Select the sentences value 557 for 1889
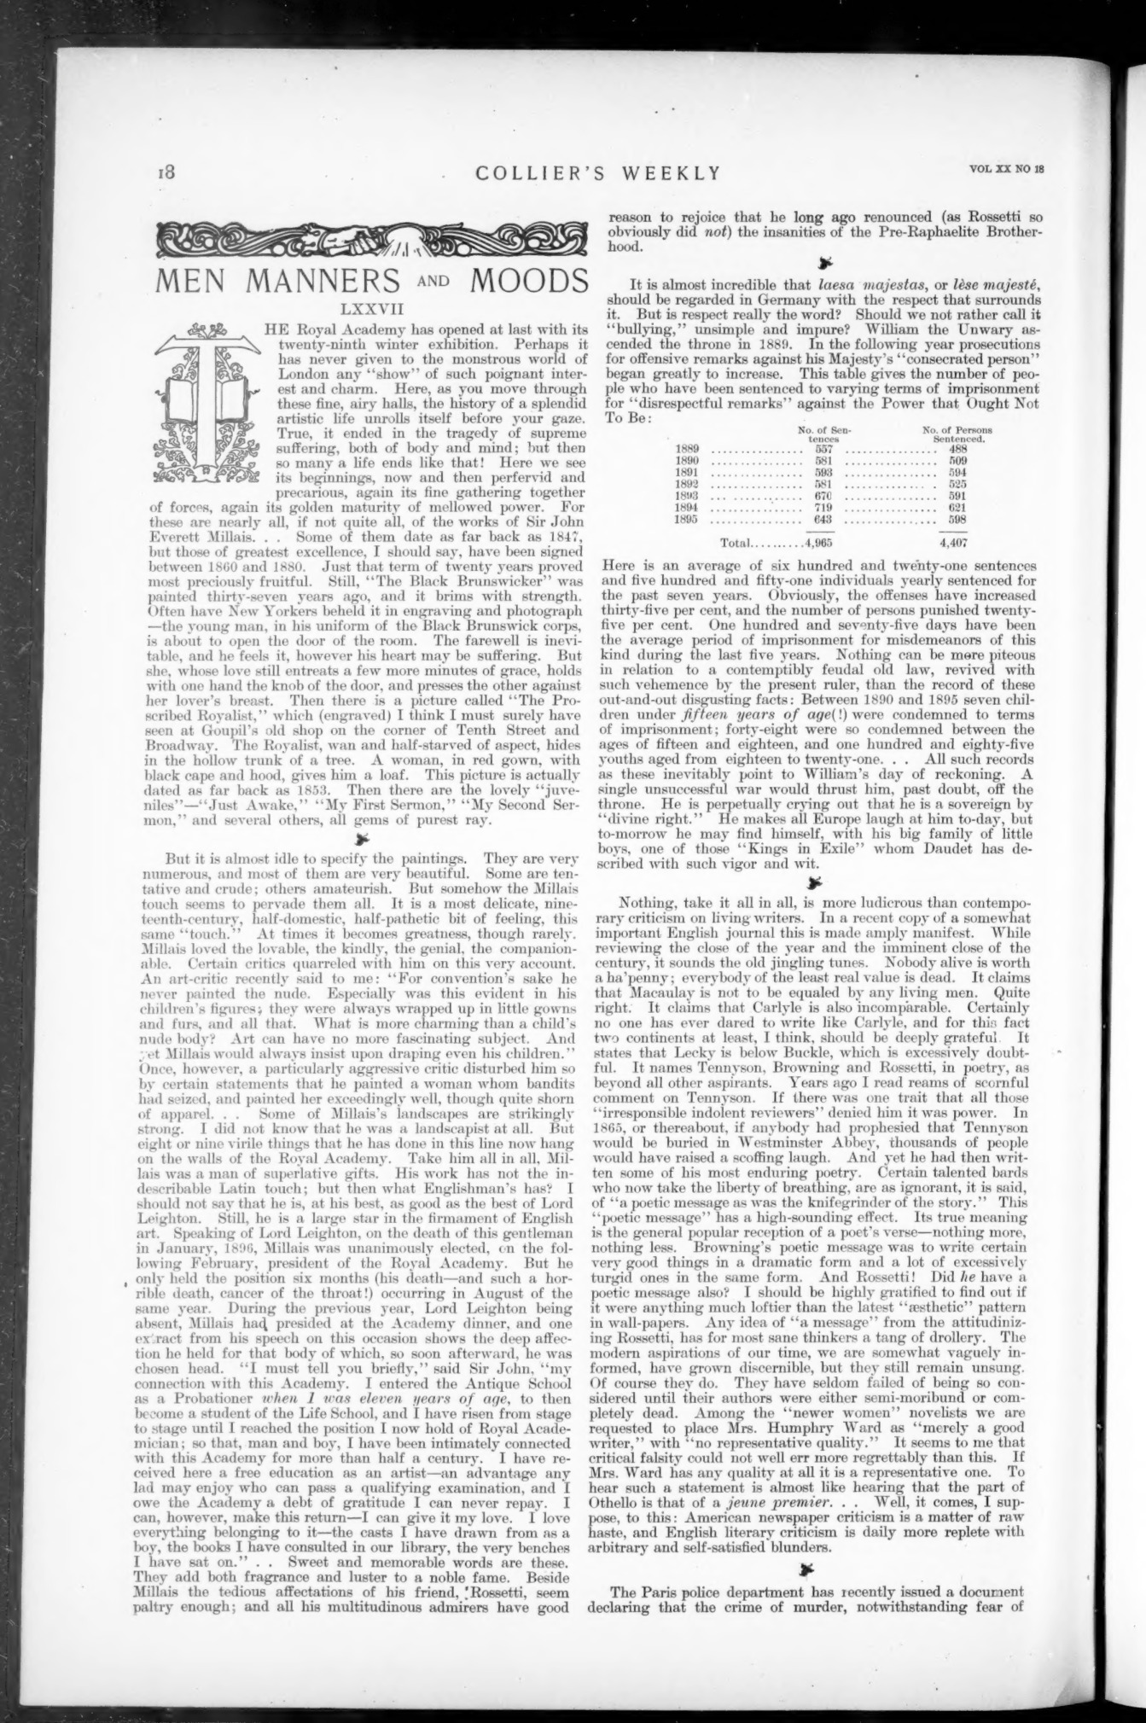pos(824,449)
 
